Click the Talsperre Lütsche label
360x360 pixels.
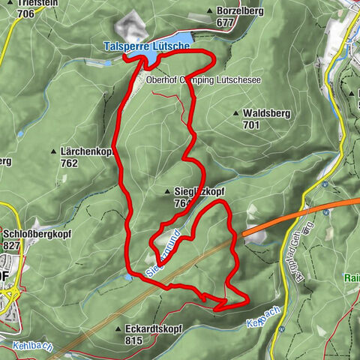point(146,46)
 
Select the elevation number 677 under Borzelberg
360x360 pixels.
point(225,22)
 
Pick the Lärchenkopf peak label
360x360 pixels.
point(89,151)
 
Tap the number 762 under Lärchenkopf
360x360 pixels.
point(70,162)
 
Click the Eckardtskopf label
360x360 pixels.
point(151,328)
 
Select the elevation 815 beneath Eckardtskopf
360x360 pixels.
point(134,340)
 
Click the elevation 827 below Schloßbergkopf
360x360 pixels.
point(11,244)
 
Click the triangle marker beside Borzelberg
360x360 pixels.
point(208,12)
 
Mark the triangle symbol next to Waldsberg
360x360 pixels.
point(236,113)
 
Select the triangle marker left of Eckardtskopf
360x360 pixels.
point(118,328)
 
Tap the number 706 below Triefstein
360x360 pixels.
point(25,13)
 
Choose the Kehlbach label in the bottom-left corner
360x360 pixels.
point(28,346)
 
